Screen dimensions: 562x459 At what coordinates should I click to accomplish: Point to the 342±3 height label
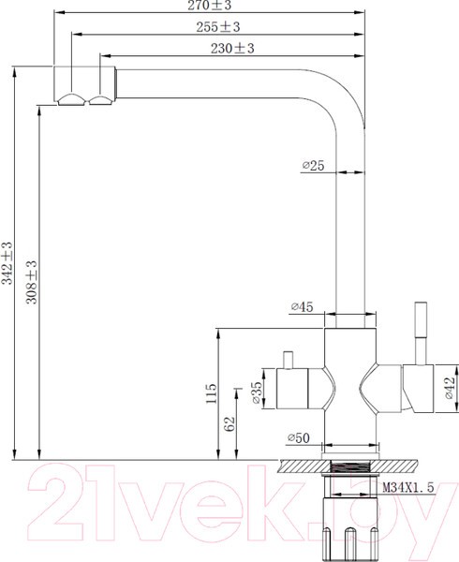pyautogui.click(x=7, y=263)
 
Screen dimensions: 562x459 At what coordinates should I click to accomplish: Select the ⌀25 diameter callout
pyautogui.click(x=312, y=166)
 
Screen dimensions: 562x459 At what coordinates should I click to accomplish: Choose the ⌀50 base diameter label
pyautogui.click(x=298, y=437)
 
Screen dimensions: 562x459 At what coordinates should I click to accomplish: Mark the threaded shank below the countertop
pyautogui.click(x=347, y=476)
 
